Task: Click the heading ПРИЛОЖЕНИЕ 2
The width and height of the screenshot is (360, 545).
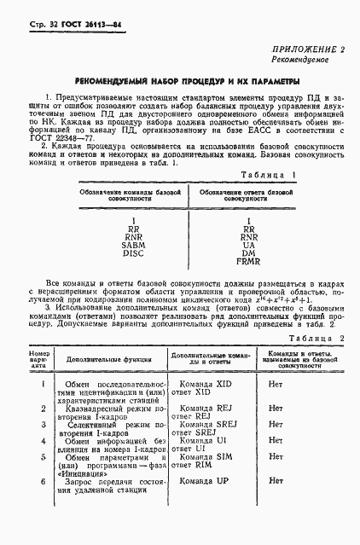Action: tap(307, 51)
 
